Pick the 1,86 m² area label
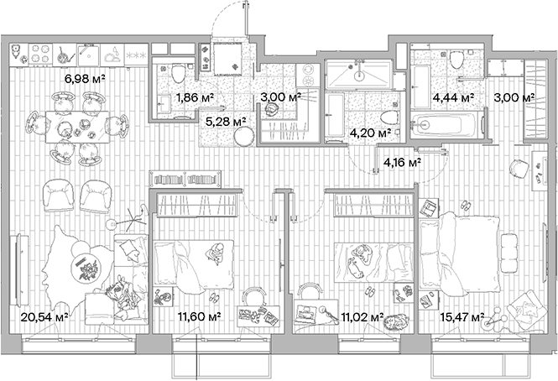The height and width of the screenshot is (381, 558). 195,98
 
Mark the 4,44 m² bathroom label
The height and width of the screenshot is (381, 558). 453,98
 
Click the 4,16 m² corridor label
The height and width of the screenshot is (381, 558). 402,163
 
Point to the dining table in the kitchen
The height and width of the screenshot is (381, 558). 82,127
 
